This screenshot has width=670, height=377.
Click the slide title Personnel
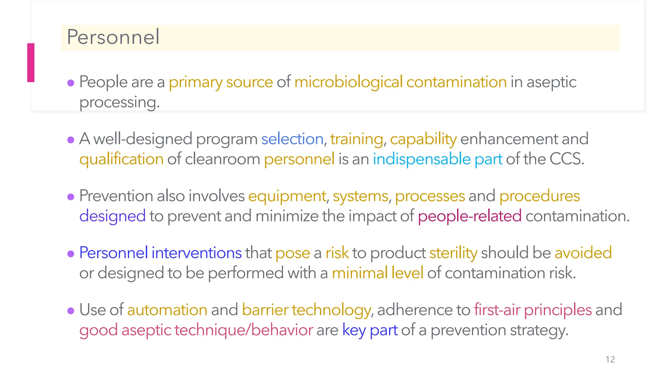(x=113, y=37)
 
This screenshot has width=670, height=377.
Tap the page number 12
(x=610, y=359)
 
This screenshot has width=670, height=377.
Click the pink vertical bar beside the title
(x=31, y=63)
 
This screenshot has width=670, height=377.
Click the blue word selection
(x=292, y=139)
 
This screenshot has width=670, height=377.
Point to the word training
(x=356, y=139)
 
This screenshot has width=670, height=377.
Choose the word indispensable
(x=421, y=159)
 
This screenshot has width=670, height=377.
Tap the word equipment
(x=287, y=196)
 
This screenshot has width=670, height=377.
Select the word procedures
(x=539, y=196)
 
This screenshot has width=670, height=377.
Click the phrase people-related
(x=469, y=216)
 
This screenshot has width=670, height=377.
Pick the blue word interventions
(x=196, y=253)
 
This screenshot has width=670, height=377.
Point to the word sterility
(x=453, y=253)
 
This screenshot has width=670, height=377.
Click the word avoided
(x=583, y=253)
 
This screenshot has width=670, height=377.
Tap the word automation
(x=167, y=310)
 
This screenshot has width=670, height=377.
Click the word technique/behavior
(x=243, y=330)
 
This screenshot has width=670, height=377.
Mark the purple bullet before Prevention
(x=71, y=197)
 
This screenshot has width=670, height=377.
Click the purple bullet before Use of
(x=71, y=311)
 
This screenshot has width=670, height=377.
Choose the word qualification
(x=121, y=159)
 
